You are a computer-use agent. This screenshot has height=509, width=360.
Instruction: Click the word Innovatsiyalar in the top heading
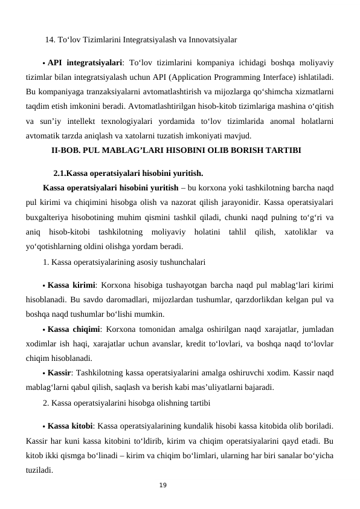(211, 41)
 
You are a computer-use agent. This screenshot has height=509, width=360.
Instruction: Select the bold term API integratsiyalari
(85, 62)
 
